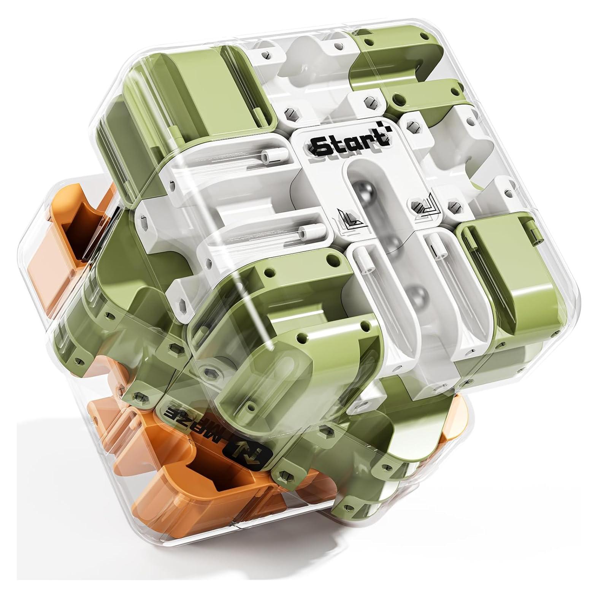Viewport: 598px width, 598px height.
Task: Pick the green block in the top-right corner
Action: point(384,57)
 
